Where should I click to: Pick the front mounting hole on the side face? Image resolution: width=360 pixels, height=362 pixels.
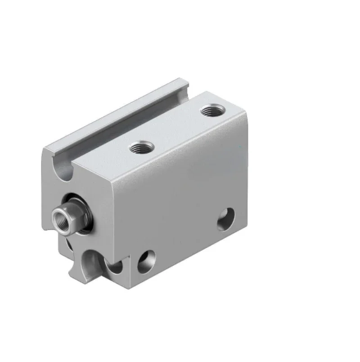point(146,261)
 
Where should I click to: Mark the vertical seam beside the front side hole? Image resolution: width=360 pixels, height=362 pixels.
point(130,263)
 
